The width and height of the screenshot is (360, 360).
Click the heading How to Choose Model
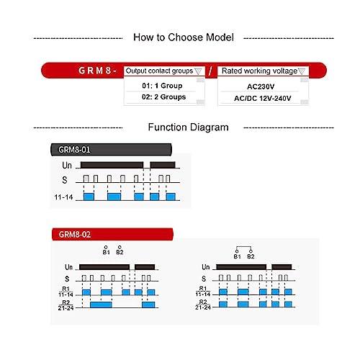coord(184,37)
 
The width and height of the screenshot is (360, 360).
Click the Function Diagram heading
coord(188,127)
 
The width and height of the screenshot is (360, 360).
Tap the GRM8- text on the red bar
coord(97,71)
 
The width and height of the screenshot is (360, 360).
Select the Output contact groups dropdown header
coord(164,71)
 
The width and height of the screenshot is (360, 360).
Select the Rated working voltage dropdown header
coord(263,71)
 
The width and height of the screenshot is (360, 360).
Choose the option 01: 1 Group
coord(162,86)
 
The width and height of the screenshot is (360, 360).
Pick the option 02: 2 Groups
coord(164,97)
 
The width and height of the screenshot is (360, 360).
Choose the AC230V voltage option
coord(261,86)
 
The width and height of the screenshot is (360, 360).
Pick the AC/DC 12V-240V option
coord(263,98)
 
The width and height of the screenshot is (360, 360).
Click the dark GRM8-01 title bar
coord(111,150)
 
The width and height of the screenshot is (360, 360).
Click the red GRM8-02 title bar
coord(112,234)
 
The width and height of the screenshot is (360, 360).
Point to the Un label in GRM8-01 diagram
coord(67,166)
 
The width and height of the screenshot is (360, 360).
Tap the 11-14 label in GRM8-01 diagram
coord(63,197)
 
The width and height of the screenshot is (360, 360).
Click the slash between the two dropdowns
coord(210,71)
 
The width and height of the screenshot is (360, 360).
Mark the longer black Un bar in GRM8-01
coord(112,165)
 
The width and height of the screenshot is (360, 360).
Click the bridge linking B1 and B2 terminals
coord(244,247)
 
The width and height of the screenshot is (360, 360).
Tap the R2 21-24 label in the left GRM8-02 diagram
coord(66,305)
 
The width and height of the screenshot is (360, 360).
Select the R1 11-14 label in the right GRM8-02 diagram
coord(203,292)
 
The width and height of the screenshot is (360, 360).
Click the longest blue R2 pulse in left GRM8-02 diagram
coord(101,305)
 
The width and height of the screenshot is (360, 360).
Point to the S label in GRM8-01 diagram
coord(65,180)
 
